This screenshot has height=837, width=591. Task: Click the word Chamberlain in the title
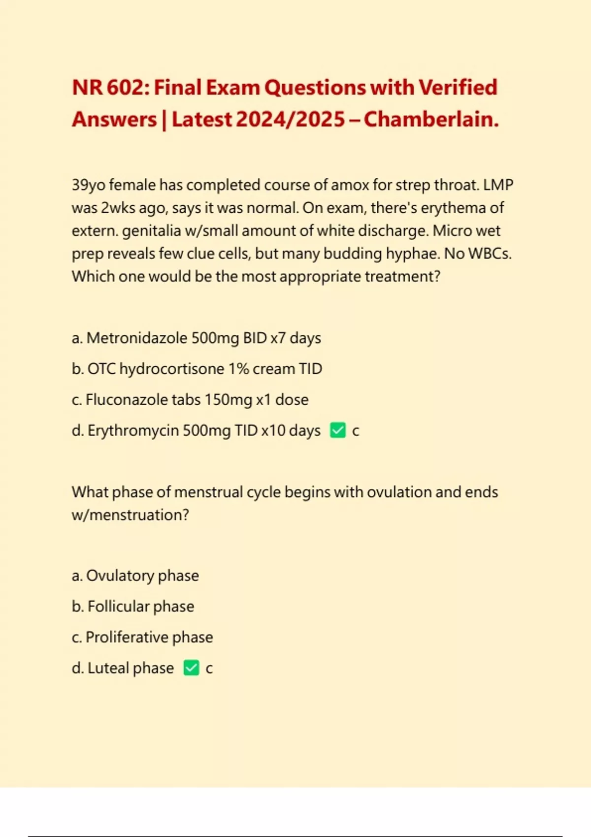pyautogui.click(x=431, y=120)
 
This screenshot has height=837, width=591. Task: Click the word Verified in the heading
pyautogui.click(x=458, y=88)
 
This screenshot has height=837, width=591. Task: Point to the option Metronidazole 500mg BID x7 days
pyautogui.click(x=196, y=338)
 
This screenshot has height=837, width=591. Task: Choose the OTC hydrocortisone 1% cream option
pyautogui.click(x=197, y=369)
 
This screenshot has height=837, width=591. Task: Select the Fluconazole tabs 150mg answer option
pyautogui.click(x=190, y=400)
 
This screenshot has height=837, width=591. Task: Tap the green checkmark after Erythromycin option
pyautogui.click(x=338, y=430)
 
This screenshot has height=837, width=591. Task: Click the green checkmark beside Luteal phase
pyautogui.click(x=191, y=668)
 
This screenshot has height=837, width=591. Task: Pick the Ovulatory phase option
pyautogui.click(x=135, y=576)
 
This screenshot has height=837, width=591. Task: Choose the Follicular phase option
pyautogui.click(x=133, y=607)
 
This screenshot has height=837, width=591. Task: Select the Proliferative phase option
pyautogui.click(x=142, y=637)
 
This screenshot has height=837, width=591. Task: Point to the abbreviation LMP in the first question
pyautogui.click(x=498, y=185)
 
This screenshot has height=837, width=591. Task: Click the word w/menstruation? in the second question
pyautogui.click(x=130, y=515)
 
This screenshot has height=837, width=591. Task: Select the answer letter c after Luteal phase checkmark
pyautogui.click(x=209, y=669)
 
